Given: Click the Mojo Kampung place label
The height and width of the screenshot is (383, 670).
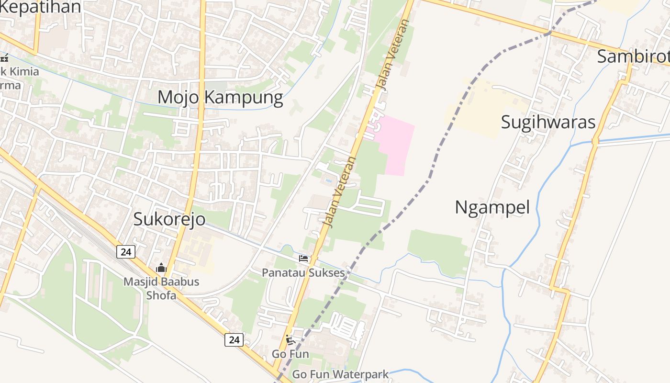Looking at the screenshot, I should pyautogui.click(x=220, y=97).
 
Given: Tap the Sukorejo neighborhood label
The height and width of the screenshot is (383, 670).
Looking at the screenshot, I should pyautogui.click(x=169, y=219).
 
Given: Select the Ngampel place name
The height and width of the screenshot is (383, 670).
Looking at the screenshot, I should pyautogui.click(x=492, y=208).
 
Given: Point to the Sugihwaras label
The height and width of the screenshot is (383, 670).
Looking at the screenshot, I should pyautogui.click(x=548, y=122).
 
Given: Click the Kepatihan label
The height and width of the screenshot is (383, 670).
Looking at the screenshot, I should pyautogui.click(x=41, y=7).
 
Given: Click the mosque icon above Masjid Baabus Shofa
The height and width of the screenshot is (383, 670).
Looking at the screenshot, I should pyautogui.click(x=161, y=268).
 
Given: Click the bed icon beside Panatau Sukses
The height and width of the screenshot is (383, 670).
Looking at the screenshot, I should pyautogui.click(x=303, y=259).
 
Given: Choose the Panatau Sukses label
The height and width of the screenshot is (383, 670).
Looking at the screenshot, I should pyautogui.click(x=303, y=273).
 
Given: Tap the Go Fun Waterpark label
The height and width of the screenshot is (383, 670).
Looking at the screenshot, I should pyautogui.click(x=340, y=374).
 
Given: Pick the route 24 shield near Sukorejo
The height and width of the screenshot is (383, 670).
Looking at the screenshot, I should pyautogui.click(x=125, y=251).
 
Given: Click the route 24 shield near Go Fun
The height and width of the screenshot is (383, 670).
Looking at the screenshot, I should pyautogui.click(x=234, y=340).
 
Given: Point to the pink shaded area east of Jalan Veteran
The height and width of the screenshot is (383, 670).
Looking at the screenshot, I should pyautogui.click(x=395, y=144).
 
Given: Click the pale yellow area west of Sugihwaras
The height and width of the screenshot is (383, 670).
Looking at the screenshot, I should pyautogui.click(x=483, y=108).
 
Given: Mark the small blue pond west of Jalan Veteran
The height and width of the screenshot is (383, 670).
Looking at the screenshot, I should pyautogui.click(x=328, y=181).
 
